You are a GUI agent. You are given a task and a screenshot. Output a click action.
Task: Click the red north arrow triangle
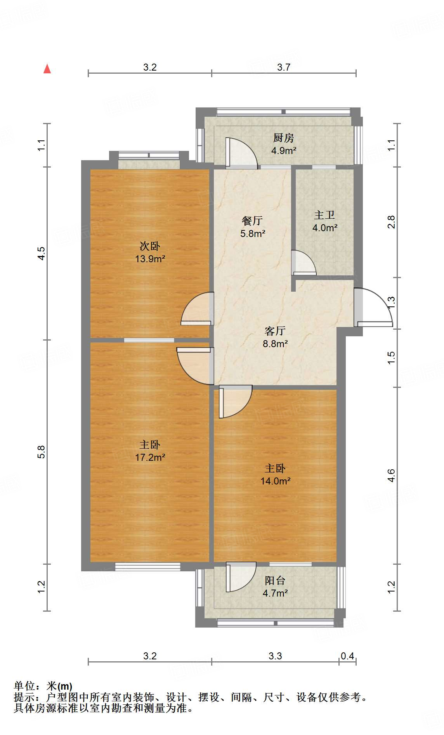click(47, 69)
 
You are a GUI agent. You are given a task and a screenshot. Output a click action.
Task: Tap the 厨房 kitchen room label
click(284, 138)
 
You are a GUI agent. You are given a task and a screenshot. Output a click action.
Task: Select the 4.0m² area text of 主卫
click(325, 228)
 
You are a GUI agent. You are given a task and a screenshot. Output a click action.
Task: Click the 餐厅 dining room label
click(252, 221)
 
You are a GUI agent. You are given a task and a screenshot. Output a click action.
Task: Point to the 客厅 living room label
click(275, 331)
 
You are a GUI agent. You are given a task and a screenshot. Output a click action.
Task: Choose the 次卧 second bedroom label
click(150, 246)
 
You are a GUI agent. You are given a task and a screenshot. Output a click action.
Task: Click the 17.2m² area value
click(150, 457)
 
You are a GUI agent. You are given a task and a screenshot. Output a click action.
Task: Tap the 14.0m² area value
click(276, 481)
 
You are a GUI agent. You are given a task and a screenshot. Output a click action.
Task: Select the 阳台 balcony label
click(275, 581)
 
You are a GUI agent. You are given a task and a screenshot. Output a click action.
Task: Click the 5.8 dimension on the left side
click(42, 452)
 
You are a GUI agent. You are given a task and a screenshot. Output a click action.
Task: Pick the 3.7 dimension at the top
click(284, 67)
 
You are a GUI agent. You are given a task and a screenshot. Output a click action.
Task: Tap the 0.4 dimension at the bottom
click(347, 656)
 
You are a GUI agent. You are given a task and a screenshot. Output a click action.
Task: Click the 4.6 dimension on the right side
click(391, 476)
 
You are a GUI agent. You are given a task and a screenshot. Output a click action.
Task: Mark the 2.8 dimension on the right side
click(391, 222)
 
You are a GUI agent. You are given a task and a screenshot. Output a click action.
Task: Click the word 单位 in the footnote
click(24, 686)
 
